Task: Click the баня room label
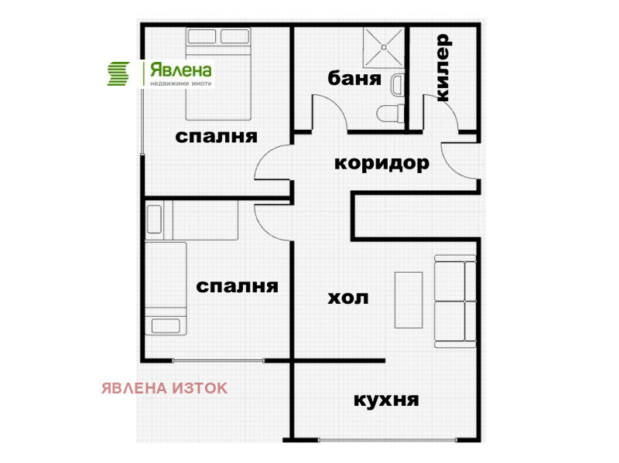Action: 354,78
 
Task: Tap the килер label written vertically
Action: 443,67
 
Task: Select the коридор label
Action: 381,163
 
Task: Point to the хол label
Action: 348,298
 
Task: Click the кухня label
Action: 386,400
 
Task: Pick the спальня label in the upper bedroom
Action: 216,137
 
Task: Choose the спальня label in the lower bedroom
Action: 237,286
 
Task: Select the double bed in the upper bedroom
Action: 218,73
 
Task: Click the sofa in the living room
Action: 454,300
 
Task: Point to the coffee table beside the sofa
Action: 409,300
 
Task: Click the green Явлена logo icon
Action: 118,73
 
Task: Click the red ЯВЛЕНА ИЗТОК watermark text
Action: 164,388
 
